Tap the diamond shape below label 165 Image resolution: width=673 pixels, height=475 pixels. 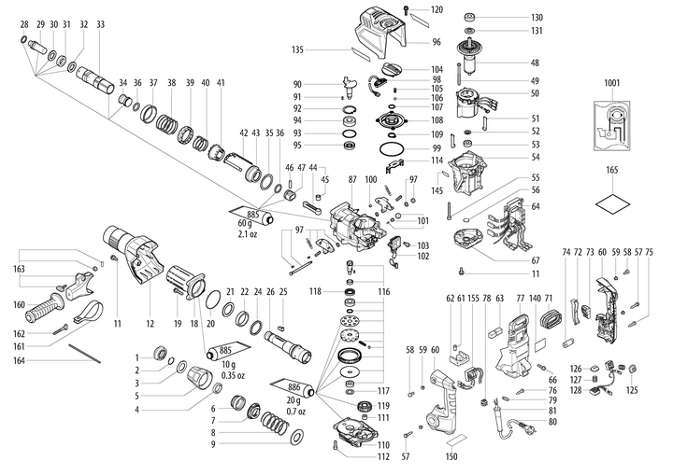[x=611, y=202]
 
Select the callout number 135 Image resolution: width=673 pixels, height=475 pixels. [x=325, y=49]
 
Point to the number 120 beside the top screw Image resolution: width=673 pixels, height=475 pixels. [x=436, y=10]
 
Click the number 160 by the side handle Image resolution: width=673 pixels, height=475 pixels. [x=20, y=304]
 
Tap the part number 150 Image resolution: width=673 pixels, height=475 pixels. [x=452, y=457]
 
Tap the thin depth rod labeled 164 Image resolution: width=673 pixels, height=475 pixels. [x=93, y=352]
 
